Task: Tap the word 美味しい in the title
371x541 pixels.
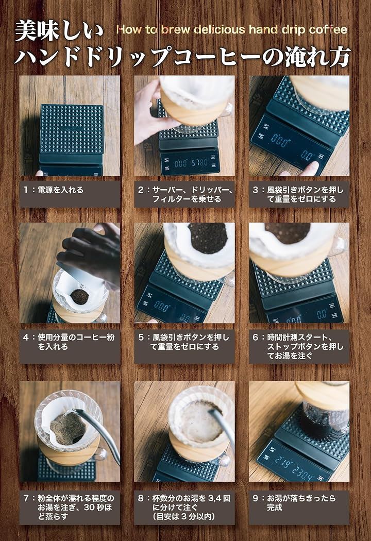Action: tap(59, 30)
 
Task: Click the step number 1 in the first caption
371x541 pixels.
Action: tap(26, 190)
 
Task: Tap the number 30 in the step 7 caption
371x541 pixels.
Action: tap(89, 508)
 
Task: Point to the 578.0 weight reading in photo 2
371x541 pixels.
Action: tap(199, 162)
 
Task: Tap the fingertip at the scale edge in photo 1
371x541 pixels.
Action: tap(39, 173)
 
